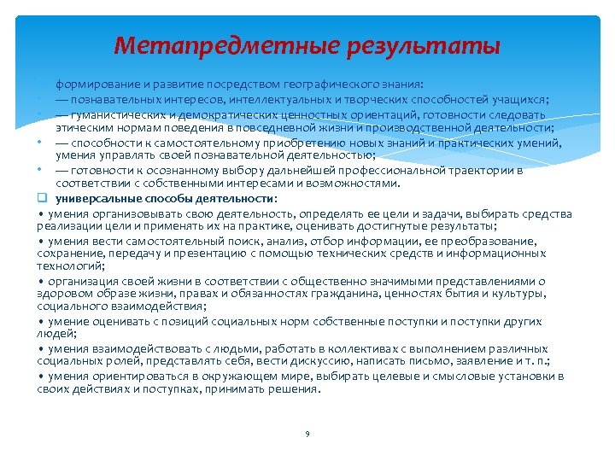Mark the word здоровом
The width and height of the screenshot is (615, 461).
[x=62, y=294]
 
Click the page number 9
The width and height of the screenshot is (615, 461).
[x=307, y=435]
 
